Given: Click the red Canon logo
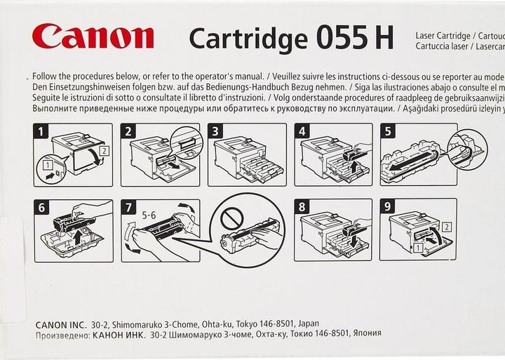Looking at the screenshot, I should point(93,35).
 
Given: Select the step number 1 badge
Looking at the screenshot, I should point(42,131).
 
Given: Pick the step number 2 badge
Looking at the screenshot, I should point(129,131).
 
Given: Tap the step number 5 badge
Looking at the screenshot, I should point(388,131).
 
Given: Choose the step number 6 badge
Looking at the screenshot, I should point(42,207).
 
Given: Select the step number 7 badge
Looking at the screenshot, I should point(129,207).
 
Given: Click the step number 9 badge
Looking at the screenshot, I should point(388,207).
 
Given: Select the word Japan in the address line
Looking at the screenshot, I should point(308,324).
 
